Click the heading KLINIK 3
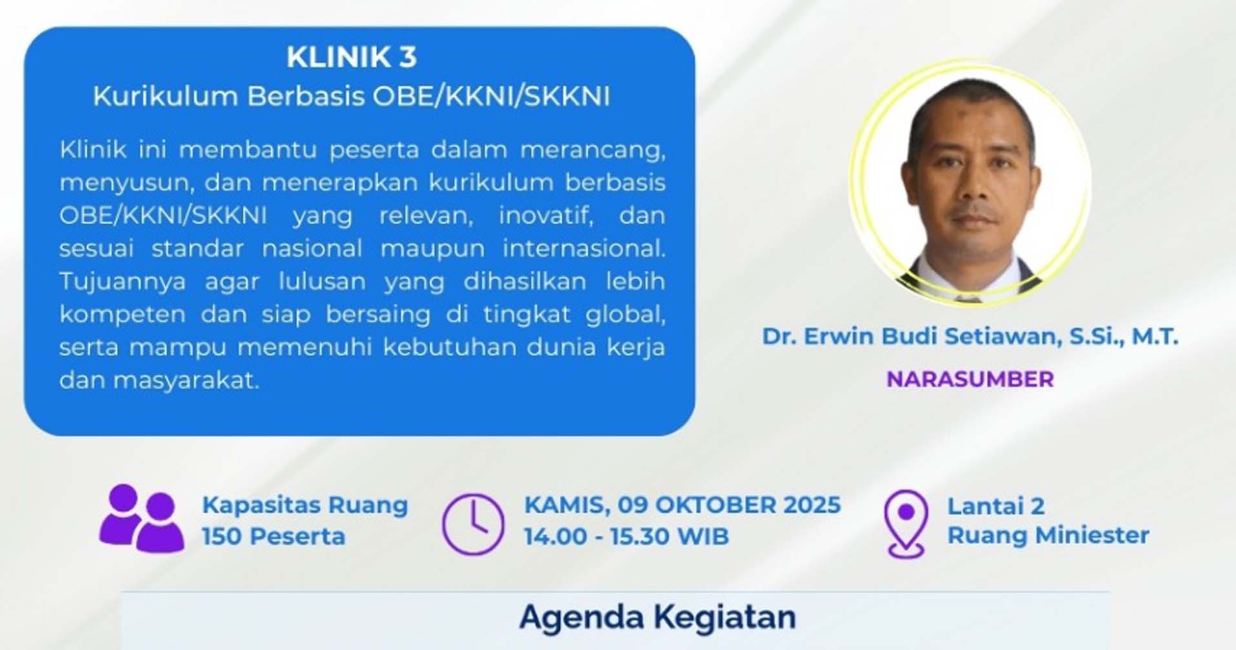coord(352,57)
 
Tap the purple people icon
coord(142,518)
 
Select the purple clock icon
coord(473,524)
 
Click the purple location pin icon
coord(906,523)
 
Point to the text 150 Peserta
coord(274,536)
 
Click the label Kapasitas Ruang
coord(305,505)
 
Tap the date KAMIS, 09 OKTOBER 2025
coord(683,505)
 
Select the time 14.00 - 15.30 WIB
coord(626,536)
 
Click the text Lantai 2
coord(996,505)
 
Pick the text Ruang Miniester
coord(1048,535)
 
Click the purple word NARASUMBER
coord(970,379)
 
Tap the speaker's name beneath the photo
coord(970,336)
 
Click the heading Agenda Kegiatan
coord(657,616)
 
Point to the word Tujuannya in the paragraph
coord(123,282)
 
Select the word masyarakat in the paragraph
coord(186,381)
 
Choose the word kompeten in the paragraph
coord(123,315)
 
